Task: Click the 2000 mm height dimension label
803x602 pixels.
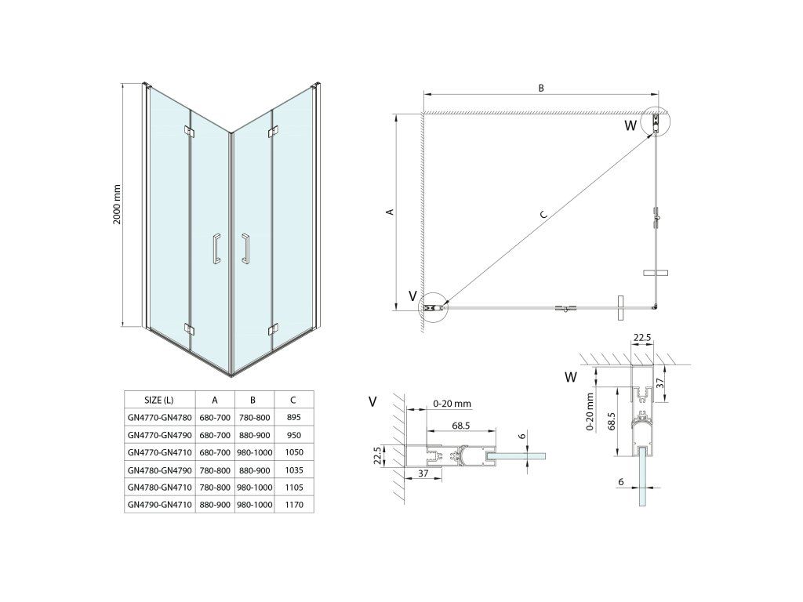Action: pos(117,205)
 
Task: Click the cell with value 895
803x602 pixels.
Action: pos(294,418)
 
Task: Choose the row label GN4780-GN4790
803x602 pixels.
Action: pos(159,470)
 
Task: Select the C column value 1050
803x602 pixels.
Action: pos(294,452)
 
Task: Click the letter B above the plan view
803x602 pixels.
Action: pos(541,88)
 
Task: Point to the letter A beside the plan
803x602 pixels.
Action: pos(390,211)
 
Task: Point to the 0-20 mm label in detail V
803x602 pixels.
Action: pos(452,404)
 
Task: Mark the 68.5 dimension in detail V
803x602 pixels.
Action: pos(460,425)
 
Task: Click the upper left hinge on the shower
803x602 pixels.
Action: pos(187,131)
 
